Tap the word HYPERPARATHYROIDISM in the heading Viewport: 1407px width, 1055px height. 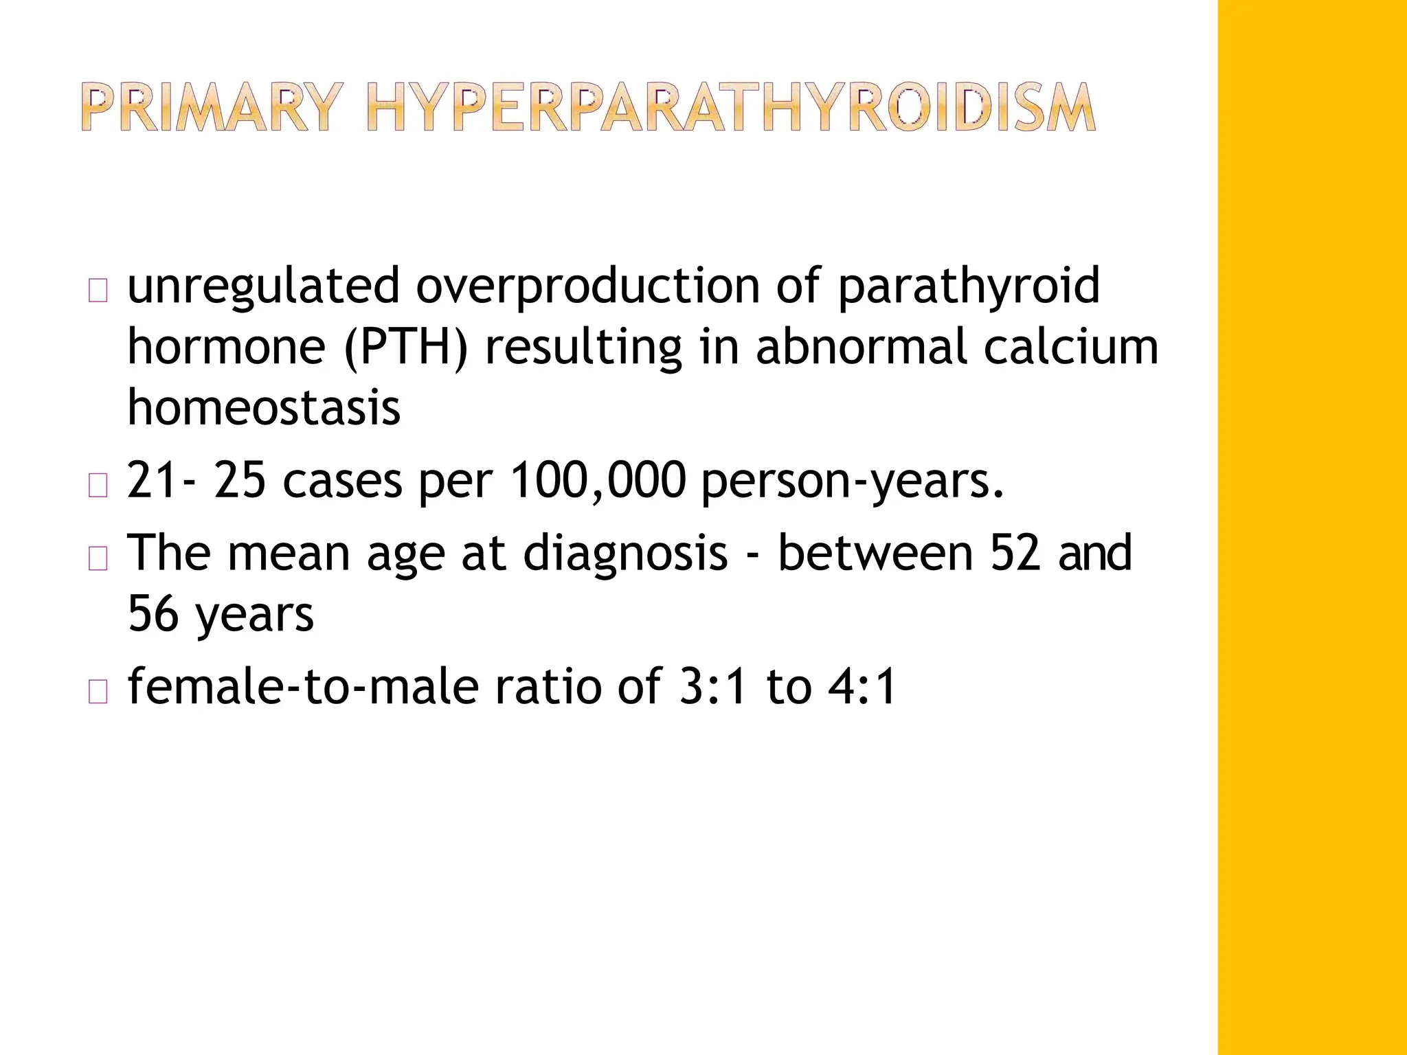click(730, 108)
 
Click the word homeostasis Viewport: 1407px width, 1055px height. click(264, 407)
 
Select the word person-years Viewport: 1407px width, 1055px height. click(853, 482)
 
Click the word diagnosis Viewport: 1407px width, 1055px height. click(624, 554)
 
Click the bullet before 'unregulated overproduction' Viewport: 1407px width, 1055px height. click(98, 292)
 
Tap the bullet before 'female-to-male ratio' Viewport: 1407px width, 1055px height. click(98, 693)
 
